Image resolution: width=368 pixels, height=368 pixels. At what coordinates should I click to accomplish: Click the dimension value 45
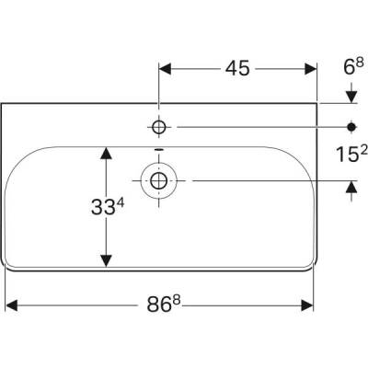click(x=237, y=70)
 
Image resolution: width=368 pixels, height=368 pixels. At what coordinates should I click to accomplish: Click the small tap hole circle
click(x=159, y=125)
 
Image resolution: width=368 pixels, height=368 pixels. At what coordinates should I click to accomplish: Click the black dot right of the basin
click(x=351, y=125)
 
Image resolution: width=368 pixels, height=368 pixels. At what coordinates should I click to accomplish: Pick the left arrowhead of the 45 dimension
click(x=167, y=69)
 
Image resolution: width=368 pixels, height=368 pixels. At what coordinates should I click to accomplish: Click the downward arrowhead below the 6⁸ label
click(x=351, y=97)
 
